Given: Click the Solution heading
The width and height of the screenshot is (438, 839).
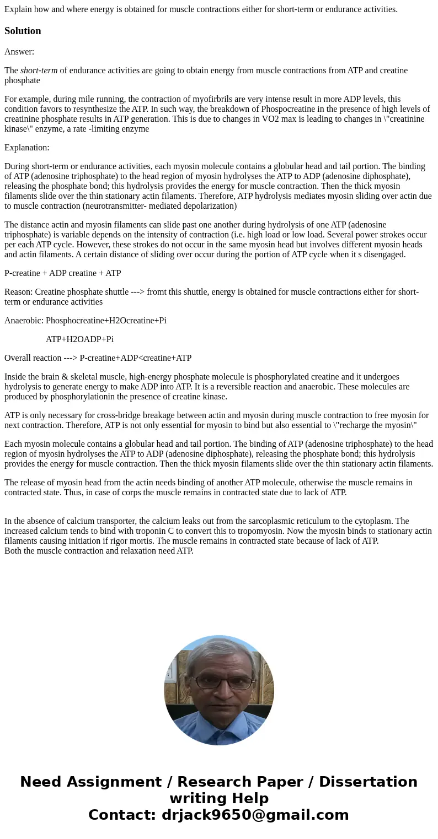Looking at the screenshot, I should click(23, 31).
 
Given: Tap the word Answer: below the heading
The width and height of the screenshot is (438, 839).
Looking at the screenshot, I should click(19, 52).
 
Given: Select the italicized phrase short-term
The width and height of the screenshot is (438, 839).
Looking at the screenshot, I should click(39, 71).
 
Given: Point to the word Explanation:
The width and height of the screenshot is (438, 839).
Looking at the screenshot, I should click(27, 148).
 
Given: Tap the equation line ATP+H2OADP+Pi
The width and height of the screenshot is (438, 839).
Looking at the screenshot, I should click(79, 339).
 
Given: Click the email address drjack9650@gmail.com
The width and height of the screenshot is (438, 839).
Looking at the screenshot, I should click(255, 815).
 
